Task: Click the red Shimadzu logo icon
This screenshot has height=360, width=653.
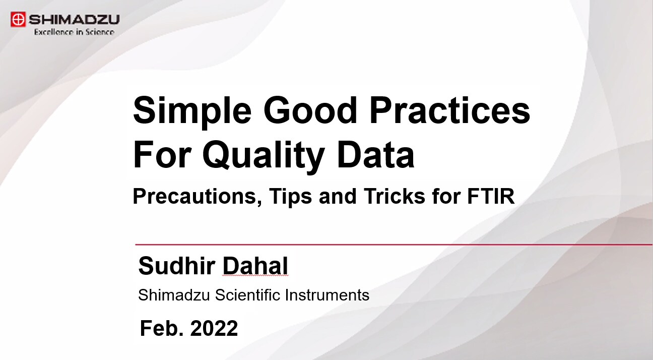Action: point(18,19)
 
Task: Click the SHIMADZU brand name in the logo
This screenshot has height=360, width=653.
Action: point(74,20)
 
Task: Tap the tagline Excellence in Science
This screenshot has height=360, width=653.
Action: point(74,32)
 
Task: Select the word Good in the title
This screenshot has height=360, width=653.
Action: point(310,110)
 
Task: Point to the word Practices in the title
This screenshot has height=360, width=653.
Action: point(450,110)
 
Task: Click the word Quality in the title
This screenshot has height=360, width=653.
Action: point(264,155)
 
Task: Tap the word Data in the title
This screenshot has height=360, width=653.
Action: point(376,154)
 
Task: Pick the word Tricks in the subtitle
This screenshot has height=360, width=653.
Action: point(395,196)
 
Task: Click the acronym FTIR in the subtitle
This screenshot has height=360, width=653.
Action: point(491,196)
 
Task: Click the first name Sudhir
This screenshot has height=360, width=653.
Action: point(177,266)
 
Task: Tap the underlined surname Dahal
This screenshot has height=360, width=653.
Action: point(255,266)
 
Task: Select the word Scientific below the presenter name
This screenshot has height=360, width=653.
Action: point(247,294)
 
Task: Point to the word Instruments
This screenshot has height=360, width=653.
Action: point(327,294)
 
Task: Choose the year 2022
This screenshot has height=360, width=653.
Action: point(214,328)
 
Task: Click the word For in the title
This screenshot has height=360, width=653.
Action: point(162,154)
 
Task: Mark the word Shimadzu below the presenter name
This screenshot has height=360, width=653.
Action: point(174,294)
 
